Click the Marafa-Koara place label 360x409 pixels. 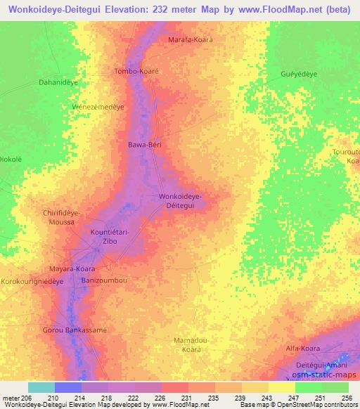pyautogui.click(x=190, y=40)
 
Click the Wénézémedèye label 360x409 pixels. pyautogui.click(x=99, y=107)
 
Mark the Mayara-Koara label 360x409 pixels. pyautogui.click(x=71, y=268)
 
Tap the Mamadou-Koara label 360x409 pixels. pyautogui.click(x=187, y=344)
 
